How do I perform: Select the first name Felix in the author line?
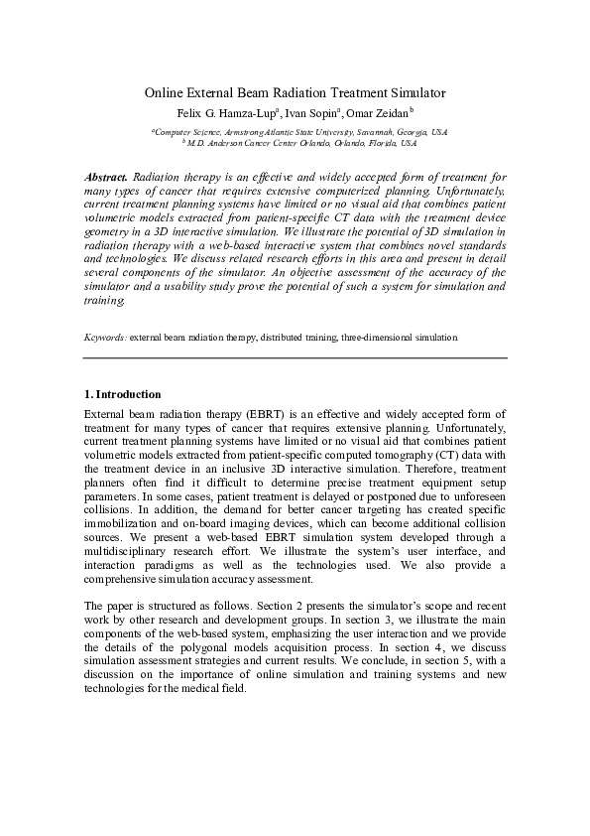(x=190, y=112)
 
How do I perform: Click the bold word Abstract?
(x=106, y=175)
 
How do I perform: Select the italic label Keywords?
(x=105, y=338)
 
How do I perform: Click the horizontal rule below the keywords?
(x=295, y=357)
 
